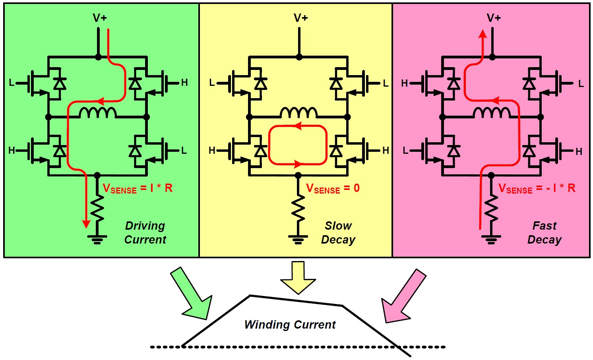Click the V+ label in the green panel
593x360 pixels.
[x=100, y=18]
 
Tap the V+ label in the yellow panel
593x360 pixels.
[x=301, y=18]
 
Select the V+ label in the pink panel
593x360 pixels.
[x=494, y=18]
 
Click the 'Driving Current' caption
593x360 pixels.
[x=145, y=232]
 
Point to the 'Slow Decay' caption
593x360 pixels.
[x=338, y=232]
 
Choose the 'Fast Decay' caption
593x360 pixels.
[x=545, y=232]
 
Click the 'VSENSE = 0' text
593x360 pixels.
[x=333, y=188]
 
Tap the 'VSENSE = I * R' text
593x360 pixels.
[x=138, y=188]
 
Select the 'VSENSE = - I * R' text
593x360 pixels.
[x=537, y=188]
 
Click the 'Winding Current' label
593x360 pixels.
[x=290, y=325]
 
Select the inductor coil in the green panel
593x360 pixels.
[x=98, y=113]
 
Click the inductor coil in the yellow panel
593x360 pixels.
[x=298, y=113]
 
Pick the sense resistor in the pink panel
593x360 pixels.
[x=491, y=208]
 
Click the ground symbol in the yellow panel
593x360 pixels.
[x=298, y=239]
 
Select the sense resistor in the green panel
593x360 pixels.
[x=97, y=208]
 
